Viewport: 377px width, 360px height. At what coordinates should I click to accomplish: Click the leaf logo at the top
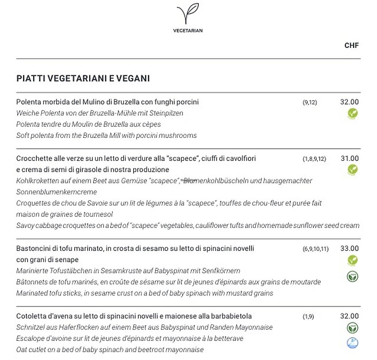[x=187, y=14]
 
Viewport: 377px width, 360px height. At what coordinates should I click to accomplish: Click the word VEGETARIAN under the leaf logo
[x=188, y=31]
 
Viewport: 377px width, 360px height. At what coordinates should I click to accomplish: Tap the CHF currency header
[x=351, y=46]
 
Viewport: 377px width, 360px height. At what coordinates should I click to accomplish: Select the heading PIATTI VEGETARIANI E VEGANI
[x=83, y=78]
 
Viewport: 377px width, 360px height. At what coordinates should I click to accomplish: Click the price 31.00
[x=349, y=158]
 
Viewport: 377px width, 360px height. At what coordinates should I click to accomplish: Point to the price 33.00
[x=349, y=249]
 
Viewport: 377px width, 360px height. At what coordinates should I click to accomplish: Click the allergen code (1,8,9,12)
[x=314, y=159]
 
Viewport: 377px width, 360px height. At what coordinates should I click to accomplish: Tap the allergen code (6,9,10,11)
[x=316, y=249]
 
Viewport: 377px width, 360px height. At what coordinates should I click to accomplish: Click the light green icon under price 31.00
[x=353, y=170]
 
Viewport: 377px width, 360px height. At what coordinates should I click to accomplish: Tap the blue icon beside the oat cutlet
[x=353, y=343]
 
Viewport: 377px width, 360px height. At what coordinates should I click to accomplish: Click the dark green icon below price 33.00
[x=353, y=276]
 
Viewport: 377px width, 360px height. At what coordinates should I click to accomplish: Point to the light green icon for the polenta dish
[x=353, y=114]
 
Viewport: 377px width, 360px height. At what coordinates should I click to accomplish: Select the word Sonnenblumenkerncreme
[x=57, y=192]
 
